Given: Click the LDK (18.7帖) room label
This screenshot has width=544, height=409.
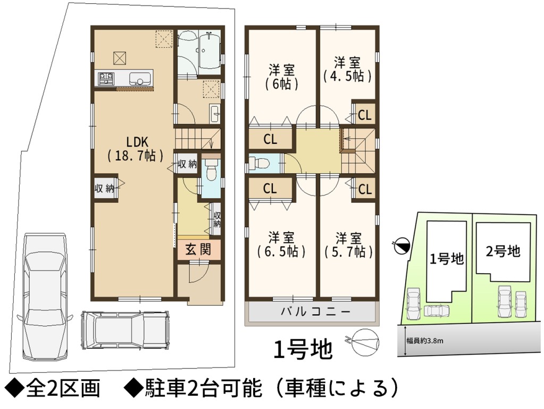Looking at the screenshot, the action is [135, 149].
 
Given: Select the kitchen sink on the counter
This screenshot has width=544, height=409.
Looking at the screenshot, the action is [140, 78].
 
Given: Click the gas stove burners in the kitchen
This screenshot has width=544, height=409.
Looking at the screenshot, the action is [106, 78].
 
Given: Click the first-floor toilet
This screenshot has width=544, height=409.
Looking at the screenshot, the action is [211, 171].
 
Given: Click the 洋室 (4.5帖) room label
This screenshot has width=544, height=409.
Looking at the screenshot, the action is [347, 70].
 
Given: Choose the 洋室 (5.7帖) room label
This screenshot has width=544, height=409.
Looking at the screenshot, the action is [349, 246].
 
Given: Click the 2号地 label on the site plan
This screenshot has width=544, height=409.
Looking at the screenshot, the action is [503, 251].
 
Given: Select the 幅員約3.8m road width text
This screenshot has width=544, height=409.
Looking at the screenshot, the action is [425, 341].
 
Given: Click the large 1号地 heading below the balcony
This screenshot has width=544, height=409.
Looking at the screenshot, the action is [303, 349].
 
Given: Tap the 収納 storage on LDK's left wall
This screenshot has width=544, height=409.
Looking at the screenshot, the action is [104, 189].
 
